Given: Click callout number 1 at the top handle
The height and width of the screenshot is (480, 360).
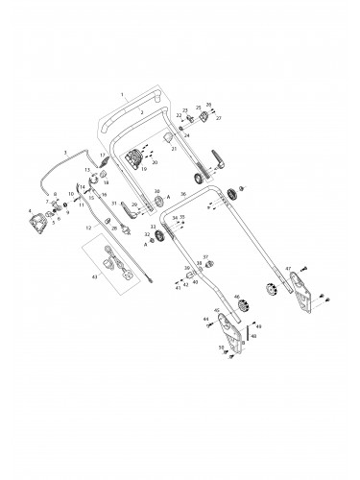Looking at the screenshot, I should click(x=123, y=96).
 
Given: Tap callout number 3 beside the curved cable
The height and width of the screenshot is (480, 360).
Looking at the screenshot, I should click(x=65, y=152).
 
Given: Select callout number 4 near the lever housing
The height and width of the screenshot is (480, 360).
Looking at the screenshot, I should click(x=29, y=210).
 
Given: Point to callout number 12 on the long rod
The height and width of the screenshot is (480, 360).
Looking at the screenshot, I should click(x=87, y=228).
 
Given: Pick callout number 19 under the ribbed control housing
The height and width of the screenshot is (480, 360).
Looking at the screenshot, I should click(x=144, y=170).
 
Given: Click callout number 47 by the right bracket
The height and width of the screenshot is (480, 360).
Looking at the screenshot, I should click(x=288, y=269).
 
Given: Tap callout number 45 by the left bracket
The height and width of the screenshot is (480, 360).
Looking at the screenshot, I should click(x=217, y=310).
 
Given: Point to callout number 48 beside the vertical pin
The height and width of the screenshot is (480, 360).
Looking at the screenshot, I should click(x=253, y=336).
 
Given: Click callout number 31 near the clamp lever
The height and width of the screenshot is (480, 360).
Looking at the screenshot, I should click(x=113, y=204).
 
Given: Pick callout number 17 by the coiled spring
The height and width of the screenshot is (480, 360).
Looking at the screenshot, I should click(x=103, y=155).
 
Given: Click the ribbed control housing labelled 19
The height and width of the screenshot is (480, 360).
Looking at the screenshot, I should click(x=142, y=158).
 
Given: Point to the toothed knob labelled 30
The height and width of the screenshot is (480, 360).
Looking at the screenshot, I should click(x=156, y=204).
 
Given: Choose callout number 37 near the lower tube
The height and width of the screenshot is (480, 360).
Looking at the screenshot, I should click(x=204, y=257).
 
